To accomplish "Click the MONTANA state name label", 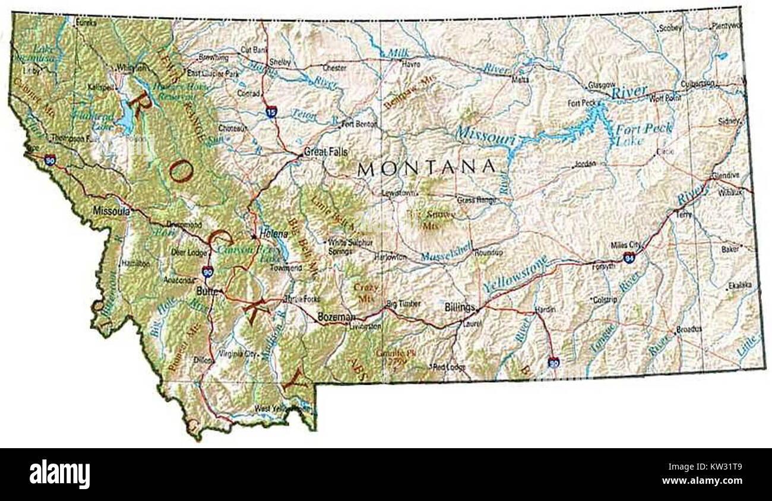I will (x=426, y=168).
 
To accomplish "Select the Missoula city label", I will (x=111, y=211).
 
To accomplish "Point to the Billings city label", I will (x=460, y=307).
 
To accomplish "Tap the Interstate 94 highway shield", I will (x=629, y=257).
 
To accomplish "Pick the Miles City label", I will (x=625, y=245).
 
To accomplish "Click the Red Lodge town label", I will (x=450, y=367).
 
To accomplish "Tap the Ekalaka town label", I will (x=741, y=286).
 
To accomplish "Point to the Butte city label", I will (x=205, y=291).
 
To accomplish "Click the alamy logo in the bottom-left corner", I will (x=59, y=474).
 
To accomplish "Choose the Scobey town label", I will (x=671, y=27).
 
